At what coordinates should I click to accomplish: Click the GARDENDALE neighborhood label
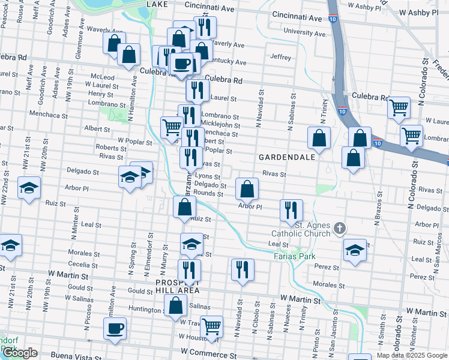pyautogui.click(x=279, y=157)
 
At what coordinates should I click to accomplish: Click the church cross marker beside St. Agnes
pyautogui.click(x=340, y=228)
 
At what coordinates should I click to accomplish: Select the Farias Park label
pyautogui.click(x=295, y=256)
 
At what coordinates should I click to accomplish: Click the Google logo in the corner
pyautogui.click(x=20, y=353)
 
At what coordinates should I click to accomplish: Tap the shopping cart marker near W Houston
pyautogui.click(x=211, y=327)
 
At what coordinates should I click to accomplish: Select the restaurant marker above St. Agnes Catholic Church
pyautogui.click(x=291, y=210)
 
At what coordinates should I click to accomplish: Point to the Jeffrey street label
pyautogui.click(x=281, y=58)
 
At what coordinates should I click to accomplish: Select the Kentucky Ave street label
pyautogui.click(x=228, y=62)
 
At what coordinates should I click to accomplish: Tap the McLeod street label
pyautogui.click(x=102, y=77)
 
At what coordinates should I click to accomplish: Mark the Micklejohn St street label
pyautogui.click(x=220, y=125)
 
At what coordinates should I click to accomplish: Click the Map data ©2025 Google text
pyautogui.click(x=412, y=355)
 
